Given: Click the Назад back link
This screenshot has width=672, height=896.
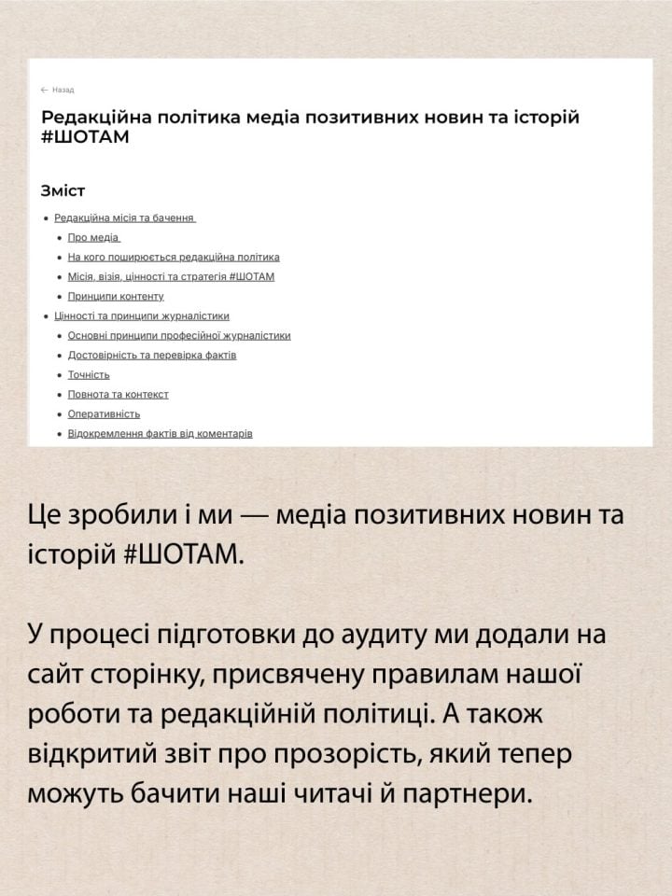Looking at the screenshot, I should click(x=58, y=90).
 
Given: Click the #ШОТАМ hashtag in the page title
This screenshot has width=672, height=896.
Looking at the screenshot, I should click(x=85, y=138).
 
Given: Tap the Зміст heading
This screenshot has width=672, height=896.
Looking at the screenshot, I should click(x=63, y=190).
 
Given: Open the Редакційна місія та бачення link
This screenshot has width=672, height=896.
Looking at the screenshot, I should click(x=124, y=217).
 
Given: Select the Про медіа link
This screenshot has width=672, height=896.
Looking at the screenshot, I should click(x=93, y=237).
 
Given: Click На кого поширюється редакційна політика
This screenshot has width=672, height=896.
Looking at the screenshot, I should click(x=174, y=257).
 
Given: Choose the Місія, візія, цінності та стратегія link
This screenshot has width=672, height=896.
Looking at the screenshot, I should click(x=171, y=276).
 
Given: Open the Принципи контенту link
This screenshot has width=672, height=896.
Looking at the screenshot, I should click(x=116, y=296).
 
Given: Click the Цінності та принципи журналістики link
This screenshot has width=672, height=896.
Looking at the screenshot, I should click(x=142, y=315).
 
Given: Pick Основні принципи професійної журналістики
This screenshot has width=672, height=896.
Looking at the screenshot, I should click(x=179, y=335).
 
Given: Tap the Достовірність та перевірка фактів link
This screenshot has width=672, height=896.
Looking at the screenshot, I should click(x=152, y=355).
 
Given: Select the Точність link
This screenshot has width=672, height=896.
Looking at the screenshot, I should click(x=89, y=374).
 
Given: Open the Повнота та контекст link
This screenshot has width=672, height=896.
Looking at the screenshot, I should click(x=119, y=394).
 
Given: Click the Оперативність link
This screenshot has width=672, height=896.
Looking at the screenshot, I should click(x=104, y=413).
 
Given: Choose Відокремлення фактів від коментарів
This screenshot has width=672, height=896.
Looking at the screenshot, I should click(x=161, y=433).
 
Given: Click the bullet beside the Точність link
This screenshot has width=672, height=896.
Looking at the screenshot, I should click(x=59, y=375).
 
